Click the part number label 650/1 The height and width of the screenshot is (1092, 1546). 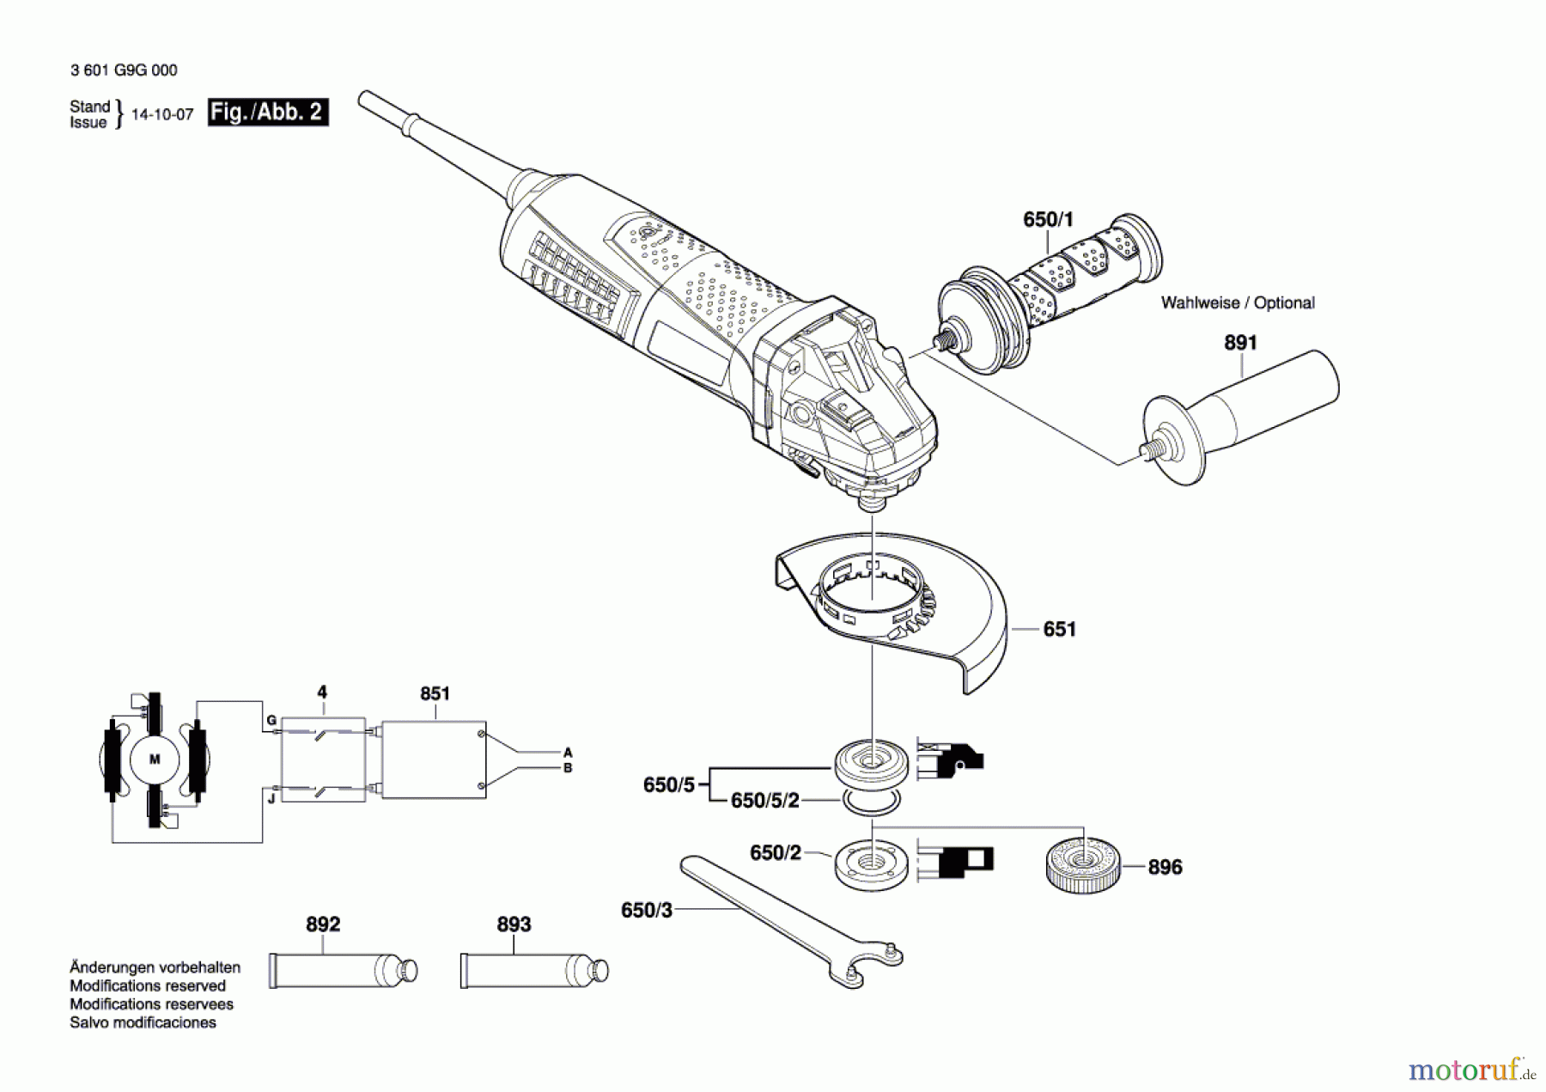[1048, 220]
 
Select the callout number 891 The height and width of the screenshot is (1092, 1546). [1240, 343]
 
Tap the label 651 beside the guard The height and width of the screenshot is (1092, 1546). [1059, 630]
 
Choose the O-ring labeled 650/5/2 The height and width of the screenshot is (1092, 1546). [871, 802]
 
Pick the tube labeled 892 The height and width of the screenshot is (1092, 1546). [343, 971]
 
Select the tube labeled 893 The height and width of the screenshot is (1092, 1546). [534, 971]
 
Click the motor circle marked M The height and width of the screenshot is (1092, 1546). [155, 760]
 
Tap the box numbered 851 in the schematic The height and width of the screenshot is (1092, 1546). [434, 760]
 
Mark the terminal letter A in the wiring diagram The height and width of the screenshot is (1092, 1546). [568, 753]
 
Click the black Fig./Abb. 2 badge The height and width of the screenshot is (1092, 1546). [268, 113]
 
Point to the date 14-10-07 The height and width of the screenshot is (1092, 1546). [162, 114]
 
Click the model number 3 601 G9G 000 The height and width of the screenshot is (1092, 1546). [124, 70]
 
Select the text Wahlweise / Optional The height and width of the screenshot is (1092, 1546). [1238, 303]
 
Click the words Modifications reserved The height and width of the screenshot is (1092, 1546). [148, 985]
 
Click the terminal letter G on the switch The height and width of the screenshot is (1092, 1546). [271, 720]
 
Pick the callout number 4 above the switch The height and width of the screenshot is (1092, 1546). [322, 692]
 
